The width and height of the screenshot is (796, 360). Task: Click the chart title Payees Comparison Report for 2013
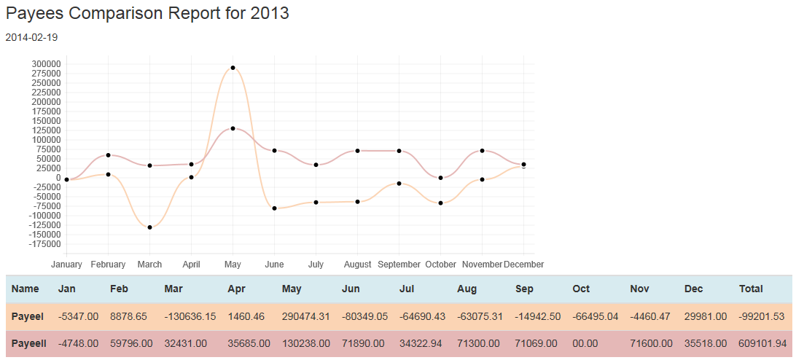[x=147, y=13]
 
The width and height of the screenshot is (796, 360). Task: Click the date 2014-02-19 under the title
[x=31, y=37]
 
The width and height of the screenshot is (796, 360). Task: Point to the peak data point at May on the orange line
[x=233, y=68]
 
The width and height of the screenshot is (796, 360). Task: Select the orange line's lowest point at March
[x=149, y=227]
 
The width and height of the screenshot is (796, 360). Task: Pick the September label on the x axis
[x=399, y=265]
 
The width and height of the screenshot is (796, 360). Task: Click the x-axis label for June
[x=274, y=265]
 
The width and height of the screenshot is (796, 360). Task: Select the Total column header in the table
[x=751, y=289]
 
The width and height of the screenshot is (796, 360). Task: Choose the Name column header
[x=25, y=289]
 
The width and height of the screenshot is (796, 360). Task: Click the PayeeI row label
[x=28, y=317]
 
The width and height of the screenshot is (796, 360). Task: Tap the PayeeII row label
[x=29, y=343]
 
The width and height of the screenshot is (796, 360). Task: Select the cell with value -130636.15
[x=190, y=317]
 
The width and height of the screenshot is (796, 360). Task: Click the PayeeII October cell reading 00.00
[x=585, y=343]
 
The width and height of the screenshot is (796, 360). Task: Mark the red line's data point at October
[x=440, y=178]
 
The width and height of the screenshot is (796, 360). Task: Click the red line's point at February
[x=108, y=155]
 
